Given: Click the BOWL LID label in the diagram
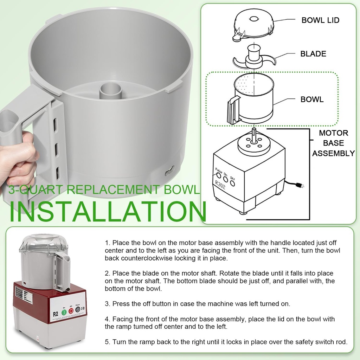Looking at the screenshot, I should (x=320, y=20).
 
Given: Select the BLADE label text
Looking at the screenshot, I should (x=313, y=54).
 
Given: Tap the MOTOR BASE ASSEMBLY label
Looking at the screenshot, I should (x=333, y=143).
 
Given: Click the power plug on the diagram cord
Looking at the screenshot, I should (x=301, y=185).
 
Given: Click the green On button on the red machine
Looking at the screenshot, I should (x=64, y=312).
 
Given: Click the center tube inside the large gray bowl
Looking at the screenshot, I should (x=110, y=91).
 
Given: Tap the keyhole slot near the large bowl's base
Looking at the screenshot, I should (x=170, y=171).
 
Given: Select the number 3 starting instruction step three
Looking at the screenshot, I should (x=107, y=304).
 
